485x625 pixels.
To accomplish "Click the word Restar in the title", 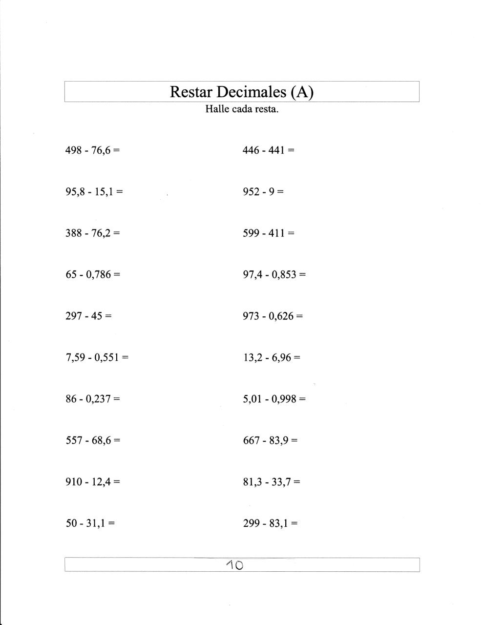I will click(190, 92).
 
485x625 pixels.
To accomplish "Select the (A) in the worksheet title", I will click(301, 92).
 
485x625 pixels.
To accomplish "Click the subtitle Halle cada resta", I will click(242, 109).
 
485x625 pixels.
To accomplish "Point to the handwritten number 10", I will click(235, 565).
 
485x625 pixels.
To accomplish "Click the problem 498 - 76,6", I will click(92, 150).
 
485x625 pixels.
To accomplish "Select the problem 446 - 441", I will click(268, 150).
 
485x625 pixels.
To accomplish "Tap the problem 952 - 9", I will click(263, 191).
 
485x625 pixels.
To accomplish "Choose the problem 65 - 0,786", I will click(92, 274).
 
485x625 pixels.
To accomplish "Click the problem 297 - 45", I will click(88, 316).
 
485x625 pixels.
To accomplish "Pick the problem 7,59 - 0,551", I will click(97, 357).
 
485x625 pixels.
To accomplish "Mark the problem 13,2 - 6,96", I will click(272, 357).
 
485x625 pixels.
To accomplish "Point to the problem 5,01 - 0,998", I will click(274, 399).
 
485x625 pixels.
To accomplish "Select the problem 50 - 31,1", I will click(90, 523).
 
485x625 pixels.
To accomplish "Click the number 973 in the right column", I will click(251, 316).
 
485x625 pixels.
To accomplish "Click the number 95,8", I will click(74, 191).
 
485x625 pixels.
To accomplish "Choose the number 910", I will click(74, 482).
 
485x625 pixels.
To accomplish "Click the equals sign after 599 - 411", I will click(291, 233).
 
